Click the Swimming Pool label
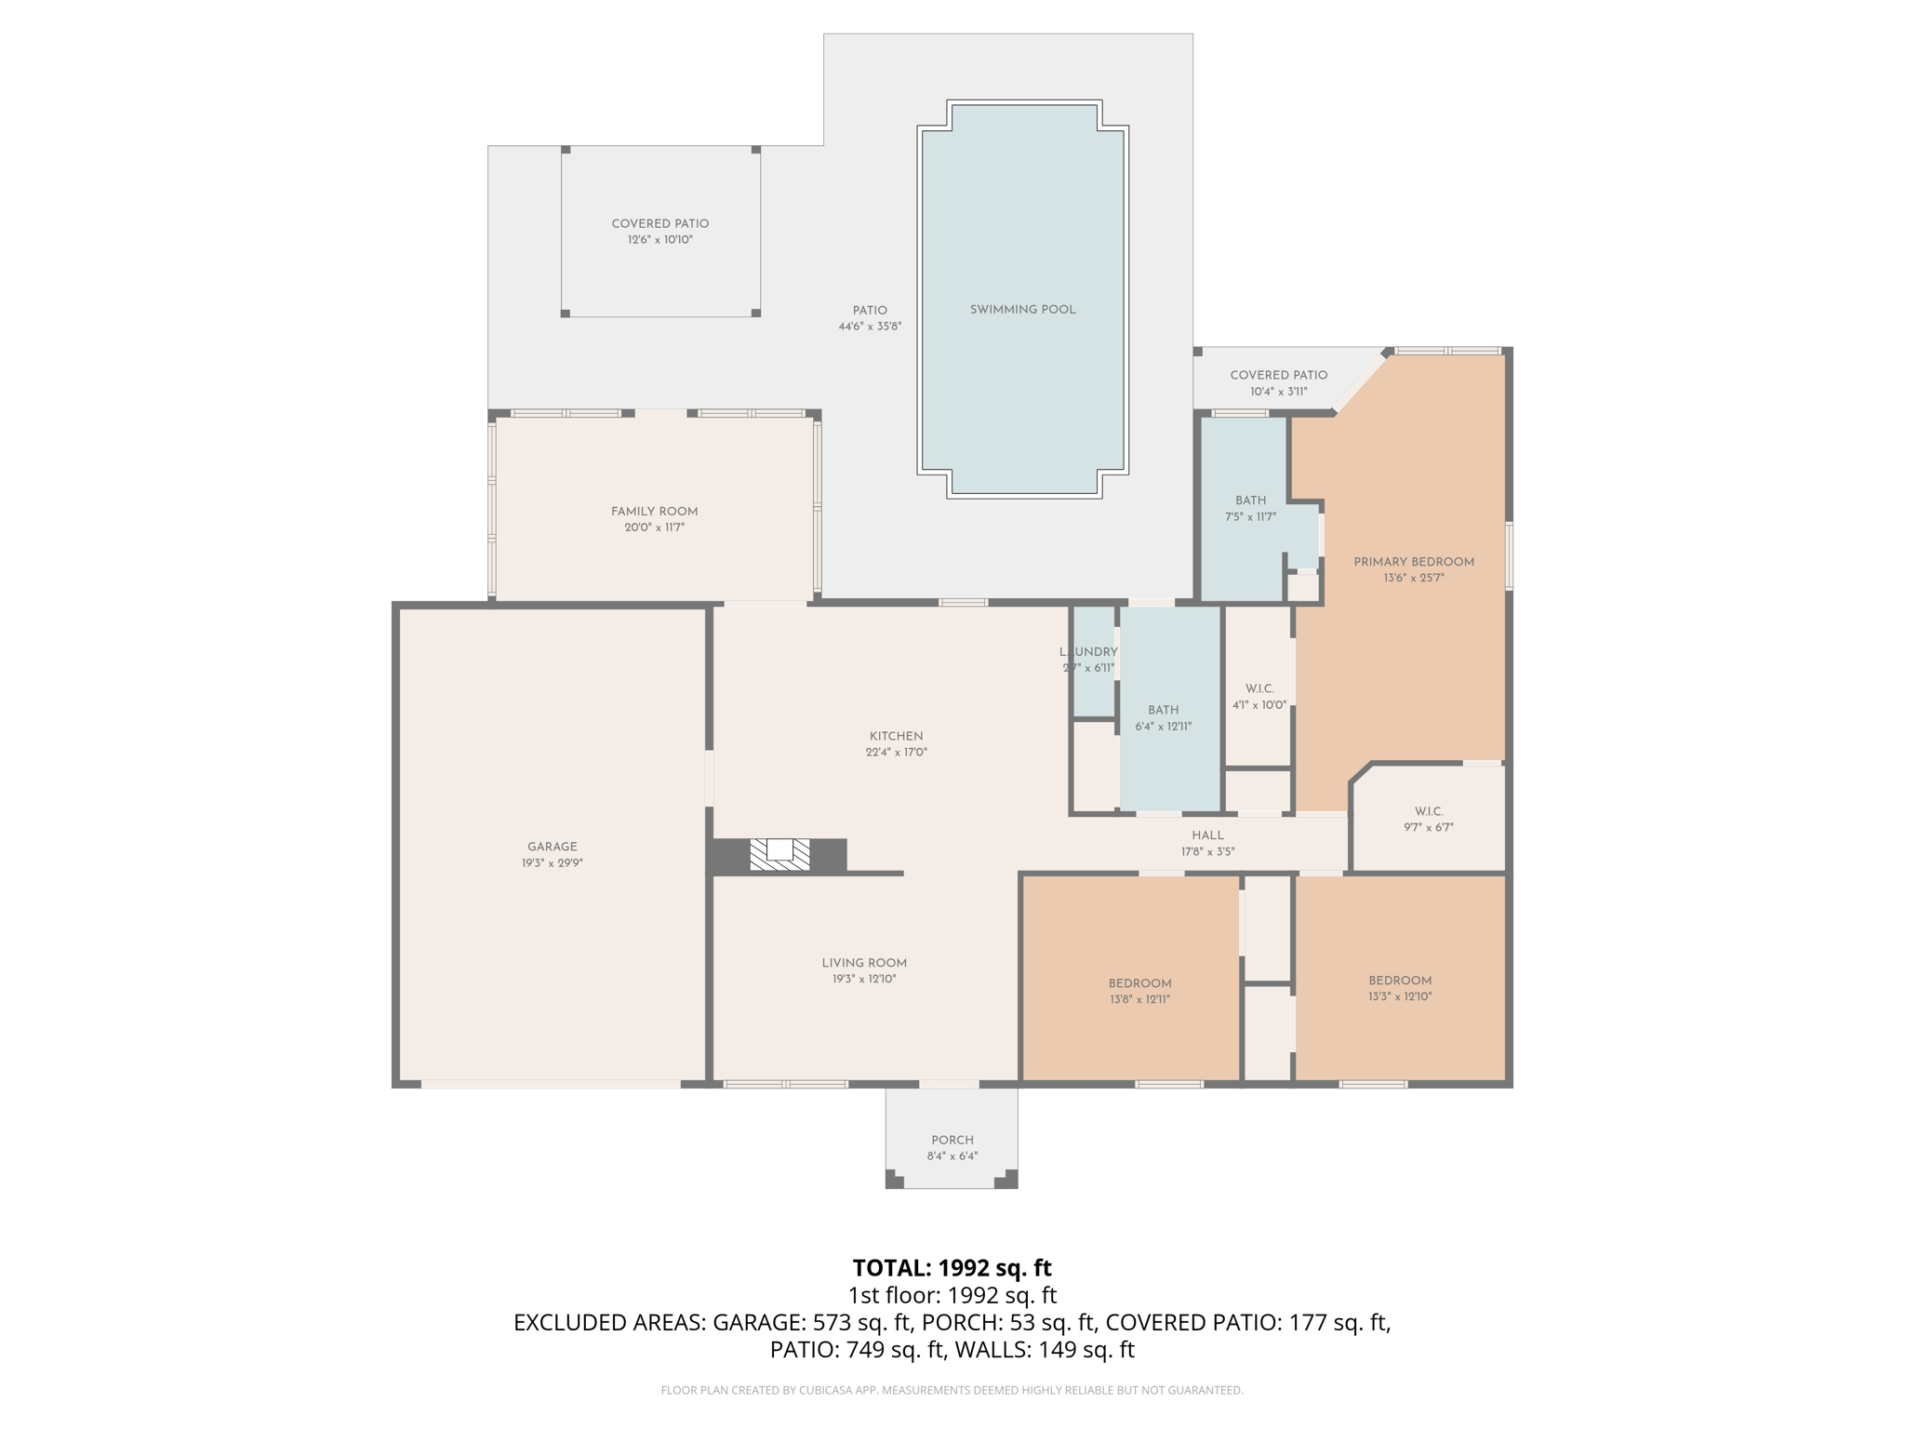tap(1022, 310)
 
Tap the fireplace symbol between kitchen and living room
tap(779, 854)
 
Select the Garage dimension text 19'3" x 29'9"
tap(553, 863)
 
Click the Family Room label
tap(654, 512)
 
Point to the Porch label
tap(952, 1141)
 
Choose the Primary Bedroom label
tap(1413, 562)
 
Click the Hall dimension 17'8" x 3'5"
tap(1207, 852)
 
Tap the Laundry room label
tap(1088, 652)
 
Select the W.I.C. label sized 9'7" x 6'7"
tap(1429, 811)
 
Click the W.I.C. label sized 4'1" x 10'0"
tap(1259, 688)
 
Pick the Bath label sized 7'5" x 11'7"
tap(1250, 501)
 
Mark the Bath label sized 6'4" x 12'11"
tap(1163, 710)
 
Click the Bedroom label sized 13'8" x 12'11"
tap(1139, 983)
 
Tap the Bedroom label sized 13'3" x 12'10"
tap(1399, 981)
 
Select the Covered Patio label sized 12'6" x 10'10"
tap(659, 223)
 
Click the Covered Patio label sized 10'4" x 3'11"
tap(1278, 375)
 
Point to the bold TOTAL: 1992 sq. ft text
tap(952, 1268)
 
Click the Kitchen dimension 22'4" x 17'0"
tap(896, 753)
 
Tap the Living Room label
tap(863, 963)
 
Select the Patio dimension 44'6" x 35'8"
tap(870, 327)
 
